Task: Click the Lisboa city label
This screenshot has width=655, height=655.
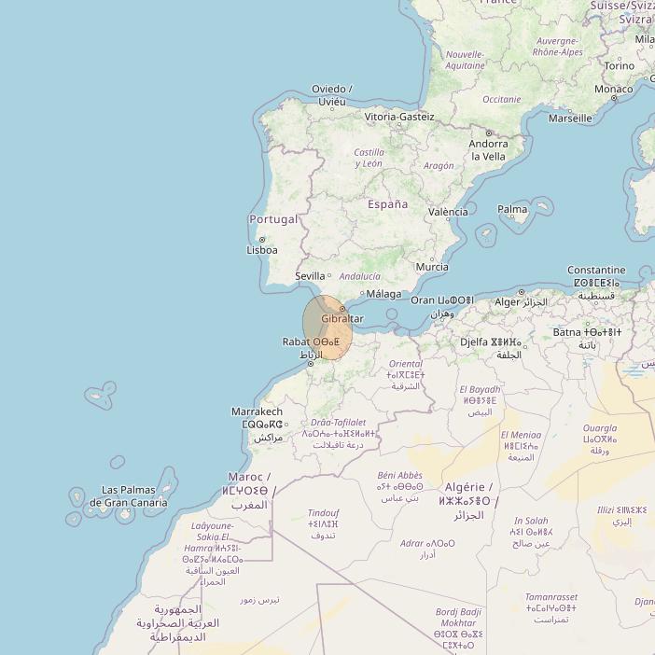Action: click(x=262, y=250)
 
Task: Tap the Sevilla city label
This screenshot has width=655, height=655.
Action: click(x=310, y=276)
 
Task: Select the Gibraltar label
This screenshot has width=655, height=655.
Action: click(x=342, y=319)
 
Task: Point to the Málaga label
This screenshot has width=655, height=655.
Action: click(x=383, y=294)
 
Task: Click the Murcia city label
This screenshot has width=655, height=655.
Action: click(x=432, y=267)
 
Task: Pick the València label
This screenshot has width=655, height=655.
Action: click(x=448, y=212)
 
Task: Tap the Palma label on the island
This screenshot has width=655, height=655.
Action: click(x=512, y=210)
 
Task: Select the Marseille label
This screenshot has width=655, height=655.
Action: click(x=570, y=118)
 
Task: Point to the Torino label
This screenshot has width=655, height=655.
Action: click(x=619, y=66)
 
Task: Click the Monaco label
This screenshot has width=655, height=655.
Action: click(x=614, y=89)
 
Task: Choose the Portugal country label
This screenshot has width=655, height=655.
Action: click(x=273, y=219)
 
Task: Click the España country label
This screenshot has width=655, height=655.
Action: click(x=387, y=203)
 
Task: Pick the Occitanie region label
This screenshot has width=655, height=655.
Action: click(x=502, y=99)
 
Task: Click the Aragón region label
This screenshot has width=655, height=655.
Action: click(x=439, y=165)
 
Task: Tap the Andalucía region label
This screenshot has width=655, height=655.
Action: click(x=360, y=276)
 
